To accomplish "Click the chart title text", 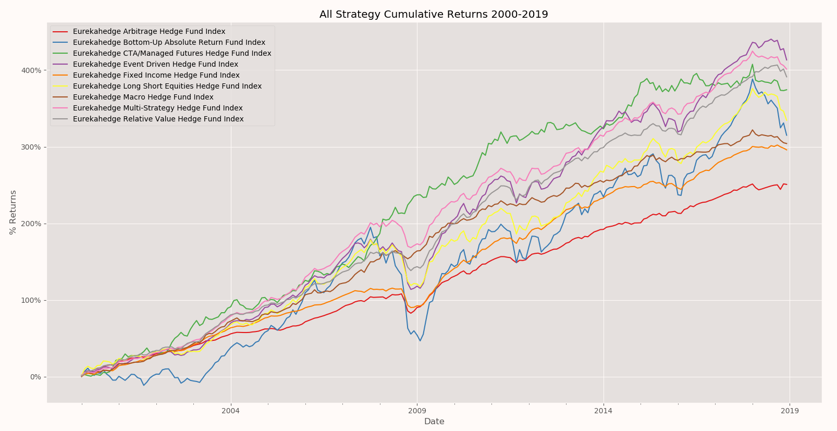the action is (434, 14).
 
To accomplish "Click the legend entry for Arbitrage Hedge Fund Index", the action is (149, 31).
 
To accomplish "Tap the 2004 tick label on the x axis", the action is (230, 411).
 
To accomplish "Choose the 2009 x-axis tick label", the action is (416, 411).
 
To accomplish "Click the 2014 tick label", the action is (603, 411).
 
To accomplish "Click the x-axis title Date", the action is (434, 421).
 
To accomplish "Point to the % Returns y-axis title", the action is (13, 212).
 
